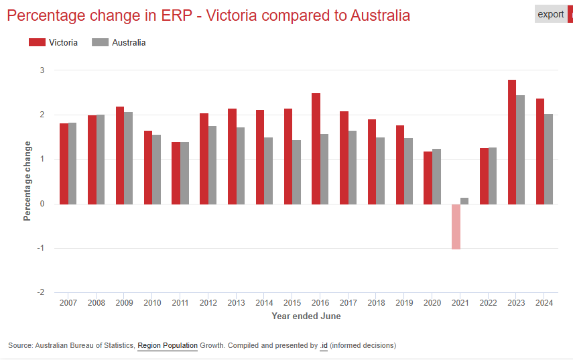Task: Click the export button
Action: pyautogui.click(x=551, y=14)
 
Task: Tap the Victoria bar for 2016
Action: pyautogui.click(x=316, y=148)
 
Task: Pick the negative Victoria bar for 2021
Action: pyautogui.click(x=456, y=227)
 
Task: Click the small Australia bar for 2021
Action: pyautogui.click(x=464, y=200)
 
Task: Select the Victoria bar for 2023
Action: pyautogui.click(x=512, y=141)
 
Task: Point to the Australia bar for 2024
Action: pyautogui.click(x=548, y=159)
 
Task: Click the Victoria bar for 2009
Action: pyautogui.click(x=119, y=155)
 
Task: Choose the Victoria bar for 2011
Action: pyautogui.click(x=176, y=173)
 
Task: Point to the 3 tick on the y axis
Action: pyautogui.click(x=42, y=70)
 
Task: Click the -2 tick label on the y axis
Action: pyautogui.click(x=40, y=292)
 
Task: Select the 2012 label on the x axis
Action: pyautogui.click(x=208, y=303)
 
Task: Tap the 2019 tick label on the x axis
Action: pyautogui.click(x=404, y=303)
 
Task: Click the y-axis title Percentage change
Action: pyautogui.click(x=27, y=181)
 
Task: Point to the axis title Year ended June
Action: pyautogui.click(x=306, y=316)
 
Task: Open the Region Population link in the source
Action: pyautogui.click(x=167, y=346)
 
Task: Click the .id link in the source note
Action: pyautogui.click(x=323, y=346)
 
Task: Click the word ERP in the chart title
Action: pyautogui.click(x=175, y=15)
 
